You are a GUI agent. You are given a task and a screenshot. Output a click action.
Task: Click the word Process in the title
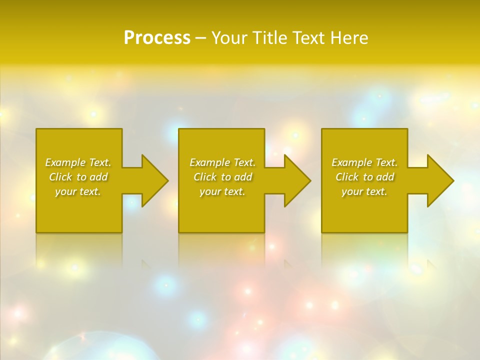[157, 38]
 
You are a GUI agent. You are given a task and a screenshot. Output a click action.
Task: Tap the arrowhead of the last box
[439, 180]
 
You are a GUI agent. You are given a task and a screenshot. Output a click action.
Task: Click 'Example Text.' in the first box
[78, 162]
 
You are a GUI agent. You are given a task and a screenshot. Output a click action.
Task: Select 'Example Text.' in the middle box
[222, 162]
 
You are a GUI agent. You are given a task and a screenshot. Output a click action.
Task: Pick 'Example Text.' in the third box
[364, 162]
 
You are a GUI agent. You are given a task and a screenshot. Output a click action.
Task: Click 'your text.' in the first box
[78, 191]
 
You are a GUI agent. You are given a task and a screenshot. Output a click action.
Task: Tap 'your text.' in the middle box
[222, 191]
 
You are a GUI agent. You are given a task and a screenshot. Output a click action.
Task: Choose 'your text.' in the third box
[364, 191]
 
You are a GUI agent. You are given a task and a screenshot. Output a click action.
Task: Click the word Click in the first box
[60, 177]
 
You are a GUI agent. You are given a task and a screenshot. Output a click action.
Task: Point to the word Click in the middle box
[205, 177]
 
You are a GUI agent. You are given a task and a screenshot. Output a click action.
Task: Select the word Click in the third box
[347, 177]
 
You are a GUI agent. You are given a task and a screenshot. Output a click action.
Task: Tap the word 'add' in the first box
[99, 177]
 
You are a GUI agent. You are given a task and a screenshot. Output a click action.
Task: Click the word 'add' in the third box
[385, 177]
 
